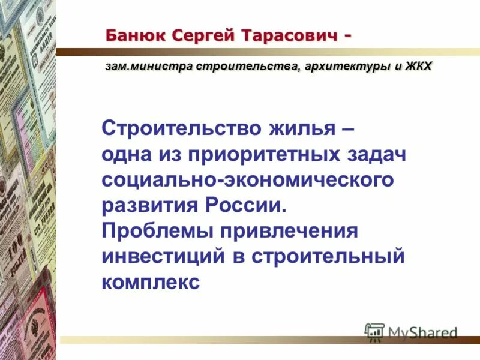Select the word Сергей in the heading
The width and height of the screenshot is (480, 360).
pyautogui.click(x=203, y=35)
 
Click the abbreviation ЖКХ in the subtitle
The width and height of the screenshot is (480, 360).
pyautogui.click(x=418, y=67)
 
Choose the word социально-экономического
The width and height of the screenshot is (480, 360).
pyautogui.click(x=247, y=179)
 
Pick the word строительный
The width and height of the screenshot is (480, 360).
pyautogui.click(x=328, y=257)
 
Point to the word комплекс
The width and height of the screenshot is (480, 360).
pyautogui.click(x=149, y=283)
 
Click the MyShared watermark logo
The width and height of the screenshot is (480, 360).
pyautogui.click(x=411, y=332)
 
